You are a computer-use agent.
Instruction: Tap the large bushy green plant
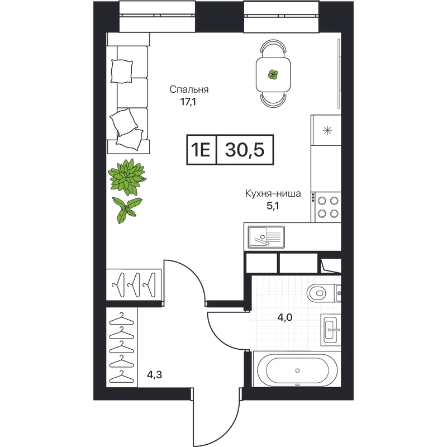(128, 177)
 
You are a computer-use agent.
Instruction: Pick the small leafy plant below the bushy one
(126, 210)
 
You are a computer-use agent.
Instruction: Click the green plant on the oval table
(273, 74)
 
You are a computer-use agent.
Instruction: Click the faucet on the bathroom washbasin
(335, 329)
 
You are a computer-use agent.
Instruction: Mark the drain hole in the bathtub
(297, 370)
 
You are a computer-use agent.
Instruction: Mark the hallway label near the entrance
(154, 374)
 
